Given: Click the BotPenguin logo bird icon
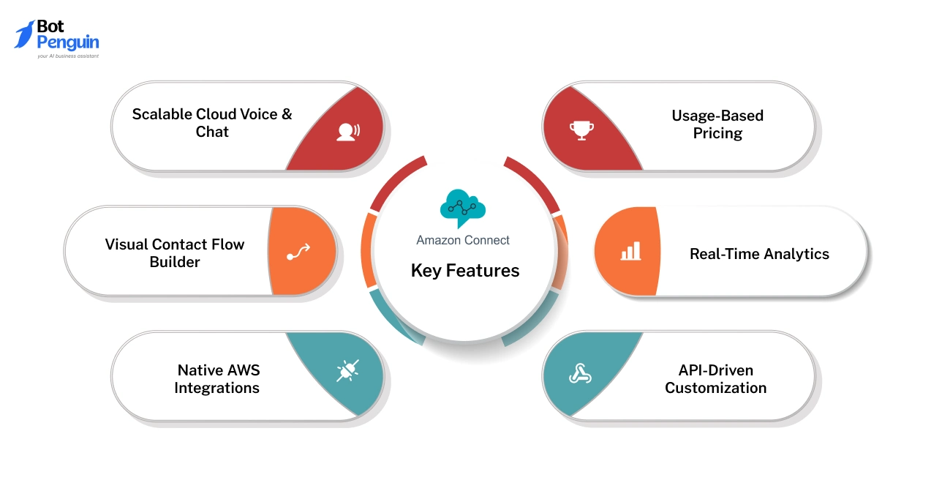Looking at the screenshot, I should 24,34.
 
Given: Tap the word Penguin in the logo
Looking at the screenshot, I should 67,43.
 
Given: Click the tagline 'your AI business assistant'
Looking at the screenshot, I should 68,56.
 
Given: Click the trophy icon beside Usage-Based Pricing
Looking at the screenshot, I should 581,130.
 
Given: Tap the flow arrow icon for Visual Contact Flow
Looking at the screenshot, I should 298,252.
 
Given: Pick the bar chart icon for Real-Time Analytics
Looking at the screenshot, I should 630,252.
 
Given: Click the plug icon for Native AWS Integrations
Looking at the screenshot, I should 347,372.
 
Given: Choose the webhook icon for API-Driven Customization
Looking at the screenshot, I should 581,374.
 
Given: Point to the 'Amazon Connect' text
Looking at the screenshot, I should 463,240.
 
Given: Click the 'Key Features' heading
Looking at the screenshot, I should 465,271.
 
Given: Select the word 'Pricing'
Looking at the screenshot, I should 717,133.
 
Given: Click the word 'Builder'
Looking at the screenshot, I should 175,262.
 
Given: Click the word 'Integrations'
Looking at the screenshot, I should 216,388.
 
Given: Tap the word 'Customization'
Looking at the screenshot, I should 715,388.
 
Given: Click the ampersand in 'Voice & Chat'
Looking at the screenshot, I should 286,114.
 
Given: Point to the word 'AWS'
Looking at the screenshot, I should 238,370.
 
